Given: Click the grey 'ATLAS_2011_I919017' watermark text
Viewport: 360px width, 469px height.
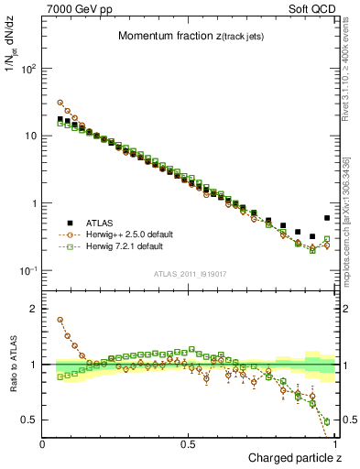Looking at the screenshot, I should coord(190,272).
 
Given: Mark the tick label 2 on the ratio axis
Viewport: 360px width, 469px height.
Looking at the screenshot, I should coord(35,309).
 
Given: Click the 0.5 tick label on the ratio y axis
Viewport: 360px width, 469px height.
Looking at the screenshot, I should coord(30,420).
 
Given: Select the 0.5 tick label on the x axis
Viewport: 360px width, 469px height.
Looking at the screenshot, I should coord(189,443).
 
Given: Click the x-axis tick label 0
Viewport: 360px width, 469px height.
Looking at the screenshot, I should coord(43,443).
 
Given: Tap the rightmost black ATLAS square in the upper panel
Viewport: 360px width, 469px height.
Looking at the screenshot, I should coord(327,218).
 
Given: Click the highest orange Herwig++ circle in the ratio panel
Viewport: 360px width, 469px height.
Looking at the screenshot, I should coord(60,321).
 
